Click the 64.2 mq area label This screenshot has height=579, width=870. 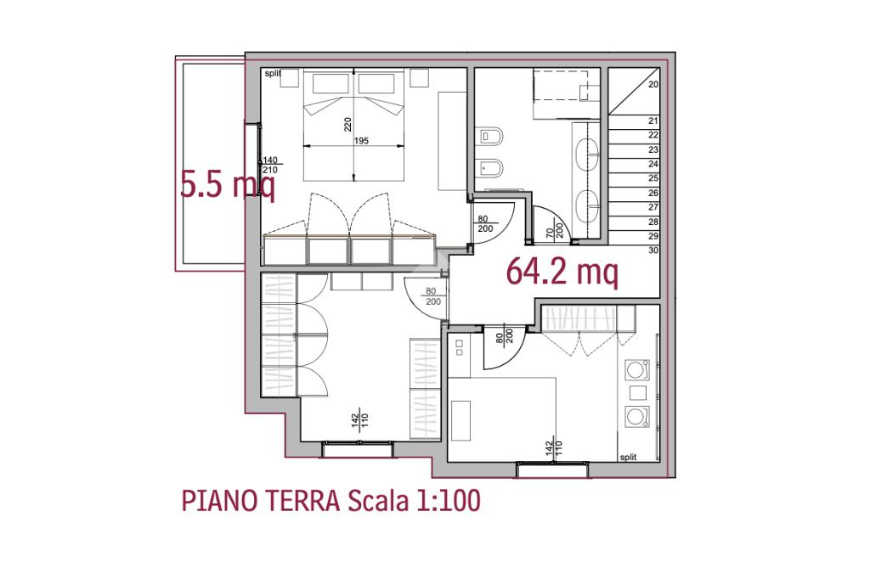[x=562, y=272]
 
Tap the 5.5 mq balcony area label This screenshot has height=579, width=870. [x=228, y=184]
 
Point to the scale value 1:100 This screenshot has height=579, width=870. [x=448, y=502]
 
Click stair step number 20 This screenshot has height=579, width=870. [x=653, y=84]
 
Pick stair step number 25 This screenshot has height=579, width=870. [x=653, y=178]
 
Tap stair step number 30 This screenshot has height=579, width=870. [x=653, y=250]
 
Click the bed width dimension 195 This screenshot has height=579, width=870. [x=361, y=141]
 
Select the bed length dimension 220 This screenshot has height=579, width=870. [x=347, y=124]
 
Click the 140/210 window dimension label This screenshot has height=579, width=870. [x=269, y=166]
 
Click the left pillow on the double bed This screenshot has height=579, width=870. [x=330, y=84]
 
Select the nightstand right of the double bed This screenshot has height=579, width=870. [x=420, y=77]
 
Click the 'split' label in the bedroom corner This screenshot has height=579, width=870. [x=273, y=73]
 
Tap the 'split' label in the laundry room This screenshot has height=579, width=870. [x=628, y=458]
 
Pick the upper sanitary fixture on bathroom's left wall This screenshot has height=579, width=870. [x=491, y=136]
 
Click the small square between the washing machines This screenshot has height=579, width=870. [x=638, y=393]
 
